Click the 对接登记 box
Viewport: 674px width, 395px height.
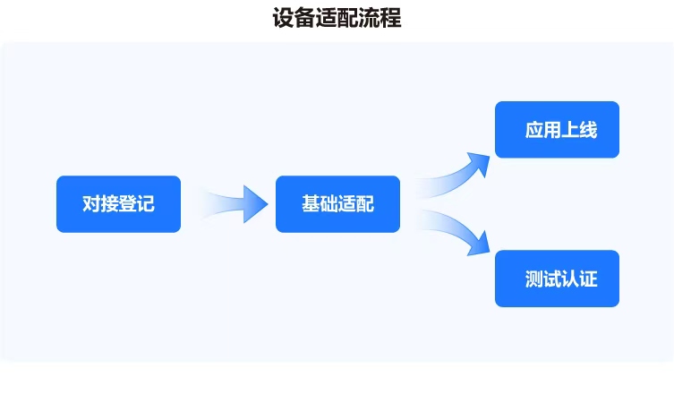click(x=118, y=204)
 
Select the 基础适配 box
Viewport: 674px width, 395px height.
click(x=337, y=204)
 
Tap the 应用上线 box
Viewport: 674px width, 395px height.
click(x=557, y=130)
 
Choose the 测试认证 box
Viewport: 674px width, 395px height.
click(x=557, y=279)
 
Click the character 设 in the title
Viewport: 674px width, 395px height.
click(x=284, y=18)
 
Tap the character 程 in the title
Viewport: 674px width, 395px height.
click(x=391, y=18)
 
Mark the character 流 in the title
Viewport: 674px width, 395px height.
click(x=370, y=18)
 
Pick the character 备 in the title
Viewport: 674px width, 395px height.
click(x=305, y=18)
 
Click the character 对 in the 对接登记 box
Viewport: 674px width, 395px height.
click(x=91, y=204)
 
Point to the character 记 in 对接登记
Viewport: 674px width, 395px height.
click(x=145, y=204)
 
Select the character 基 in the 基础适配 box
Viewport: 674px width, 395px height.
click(x=311, y=204)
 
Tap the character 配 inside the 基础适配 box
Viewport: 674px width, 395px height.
click(x=364, y=204)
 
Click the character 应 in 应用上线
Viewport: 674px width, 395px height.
click(x=534, y=130)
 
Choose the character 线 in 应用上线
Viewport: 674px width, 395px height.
click(x=588, y=130)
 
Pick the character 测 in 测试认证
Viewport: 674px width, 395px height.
click(x=534, y=279)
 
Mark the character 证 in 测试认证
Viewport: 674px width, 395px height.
click(x=588, y=279)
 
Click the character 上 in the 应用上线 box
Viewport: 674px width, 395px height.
click(x=570, y=130)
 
